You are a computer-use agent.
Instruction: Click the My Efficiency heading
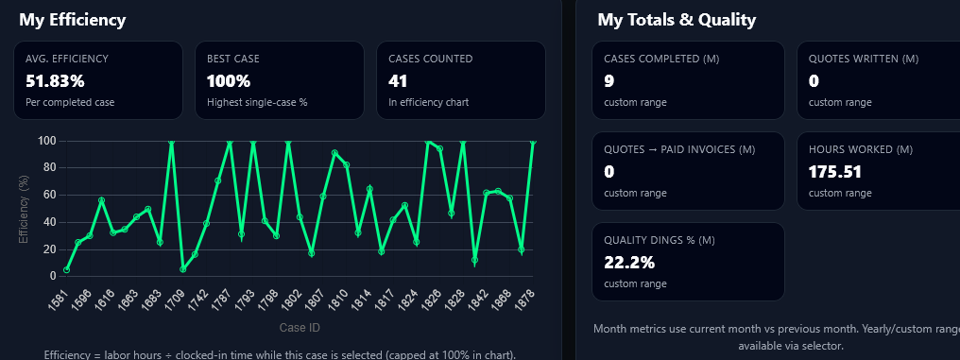click(72, 20)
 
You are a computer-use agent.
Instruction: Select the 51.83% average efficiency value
click(55, 81)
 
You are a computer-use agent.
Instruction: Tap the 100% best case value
click(229, 81)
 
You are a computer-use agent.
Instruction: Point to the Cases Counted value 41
click(398, 81)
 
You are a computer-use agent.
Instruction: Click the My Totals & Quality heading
click(677, 20)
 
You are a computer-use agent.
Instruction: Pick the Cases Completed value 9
click(609, 81)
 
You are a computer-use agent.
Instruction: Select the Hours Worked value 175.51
click(835, 172)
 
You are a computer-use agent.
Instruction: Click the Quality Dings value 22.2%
click(629, 263)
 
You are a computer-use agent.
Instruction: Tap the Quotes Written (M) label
click(864, 59)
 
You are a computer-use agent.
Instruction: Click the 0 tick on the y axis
click(52, 276)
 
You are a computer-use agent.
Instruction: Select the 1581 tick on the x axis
click(59, 298)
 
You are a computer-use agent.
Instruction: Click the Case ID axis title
click(300, 328)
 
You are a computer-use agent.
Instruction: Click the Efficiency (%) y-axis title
click(25, 208)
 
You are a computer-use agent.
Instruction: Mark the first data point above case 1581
click(66, 269)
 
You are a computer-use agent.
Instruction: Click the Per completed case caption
click(70, 102)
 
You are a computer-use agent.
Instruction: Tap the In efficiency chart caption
click(428, 102)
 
